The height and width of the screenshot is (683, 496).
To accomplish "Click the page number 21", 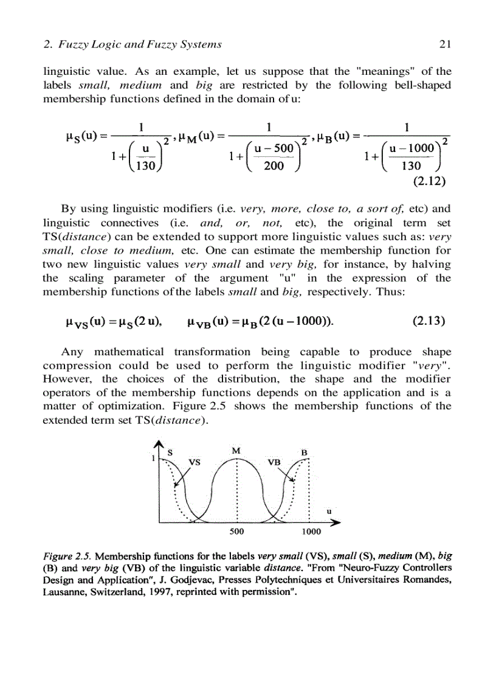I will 443,44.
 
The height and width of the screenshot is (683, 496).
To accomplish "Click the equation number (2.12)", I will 430,180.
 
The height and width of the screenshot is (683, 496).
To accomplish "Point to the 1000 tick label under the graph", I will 311,531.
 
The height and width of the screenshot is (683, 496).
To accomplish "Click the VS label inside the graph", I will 195,461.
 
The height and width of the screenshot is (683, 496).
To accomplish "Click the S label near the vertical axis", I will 170,452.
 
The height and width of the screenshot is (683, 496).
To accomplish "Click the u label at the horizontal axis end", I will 329,511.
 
